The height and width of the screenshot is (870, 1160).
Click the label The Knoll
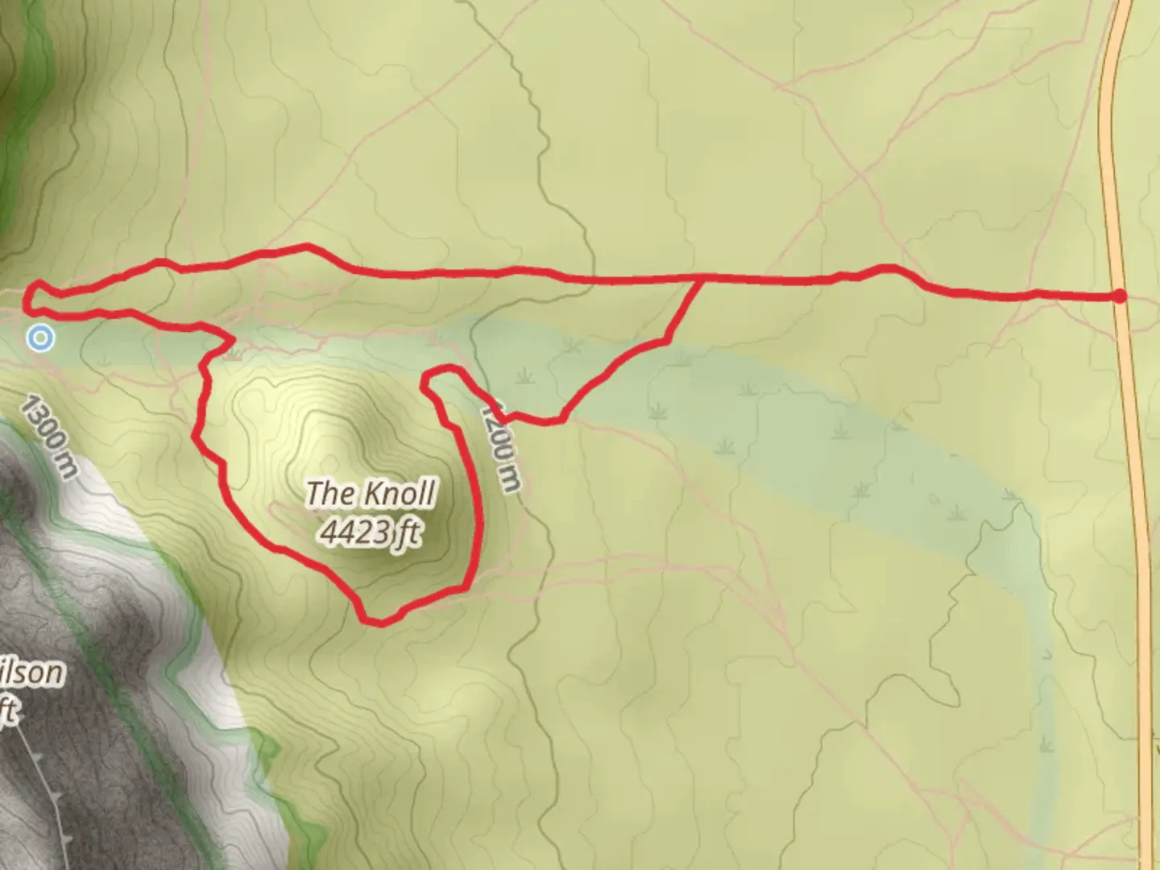(371, 493)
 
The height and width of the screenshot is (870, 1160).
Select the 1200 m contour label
(500, 447)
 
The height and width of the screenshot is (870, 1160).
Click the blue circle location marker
(39, 338)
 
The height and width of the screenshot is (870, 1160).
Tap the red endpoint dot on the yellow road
(1120, 296)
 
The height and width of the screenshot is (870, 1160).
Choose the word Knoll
(400, 493)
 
